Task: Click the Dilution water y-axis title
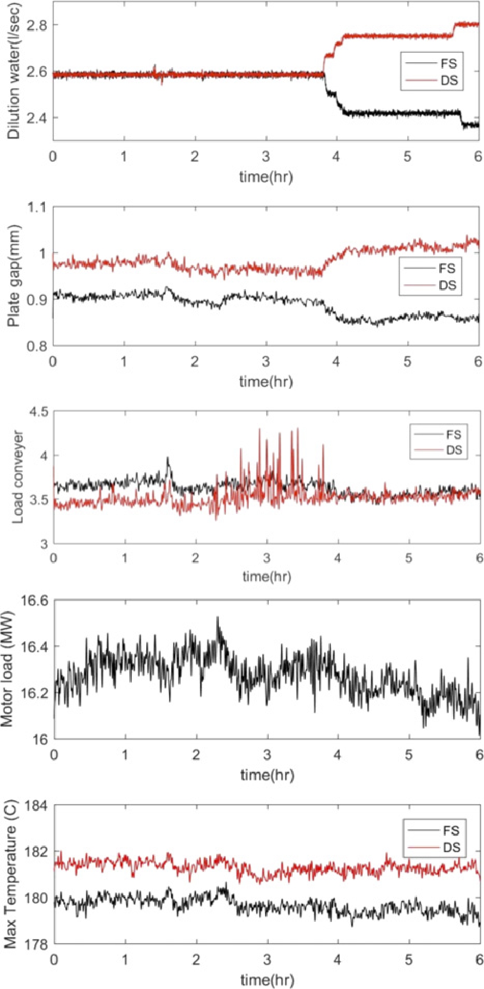pyautogui.click(x=13, y=71)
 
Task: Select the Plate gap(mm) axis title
pyautogui.click(x=14, y=276)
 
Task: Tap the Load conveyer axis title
pyautogui.click(x=18, y=477)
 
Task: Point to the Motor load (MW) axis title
pyautogui.click(x=7, y=669)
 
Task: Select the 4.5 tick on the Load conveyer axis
pyautogui.click(x=38, y=412)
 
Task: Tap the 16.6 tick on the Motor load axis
pyautogui.click(x=35, y=601)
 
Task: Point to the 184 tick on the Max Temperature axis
pyautogui.click(x=36, y=806)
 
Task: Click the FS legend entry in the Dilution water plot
pyautogui.click(x=448, y=63)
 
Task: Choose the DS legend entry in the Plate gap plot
pyautogui.click(x=447, y=285)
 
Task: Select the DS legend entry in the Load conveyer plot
pyautogui.click(x=453, y=450)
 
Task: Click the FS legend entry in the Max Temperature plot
pyautogui.click(x=451, y=830)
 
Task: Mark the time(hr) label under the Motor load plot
pyautogui.click(x=267, y=775)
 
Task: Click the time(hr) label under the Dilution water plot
pyautogui.click(x=266, y=177)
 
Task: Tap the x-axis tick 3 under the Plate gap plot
pyautogui.click(x=266, y=361)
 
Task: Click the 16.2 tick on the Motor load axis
pyautogui.click(x=35, y=693)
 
